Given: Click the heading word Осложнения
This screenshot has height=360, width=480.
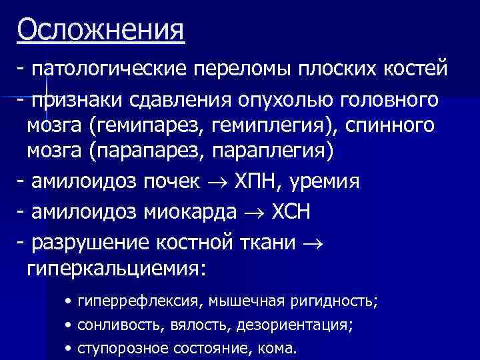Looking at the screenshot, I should click(101, 30).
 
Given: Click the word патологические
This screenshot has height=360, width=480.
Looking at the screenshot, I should click(109, 69).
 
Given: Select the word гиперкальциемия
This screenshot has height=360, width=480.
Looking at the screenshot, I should click(117, 269).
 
